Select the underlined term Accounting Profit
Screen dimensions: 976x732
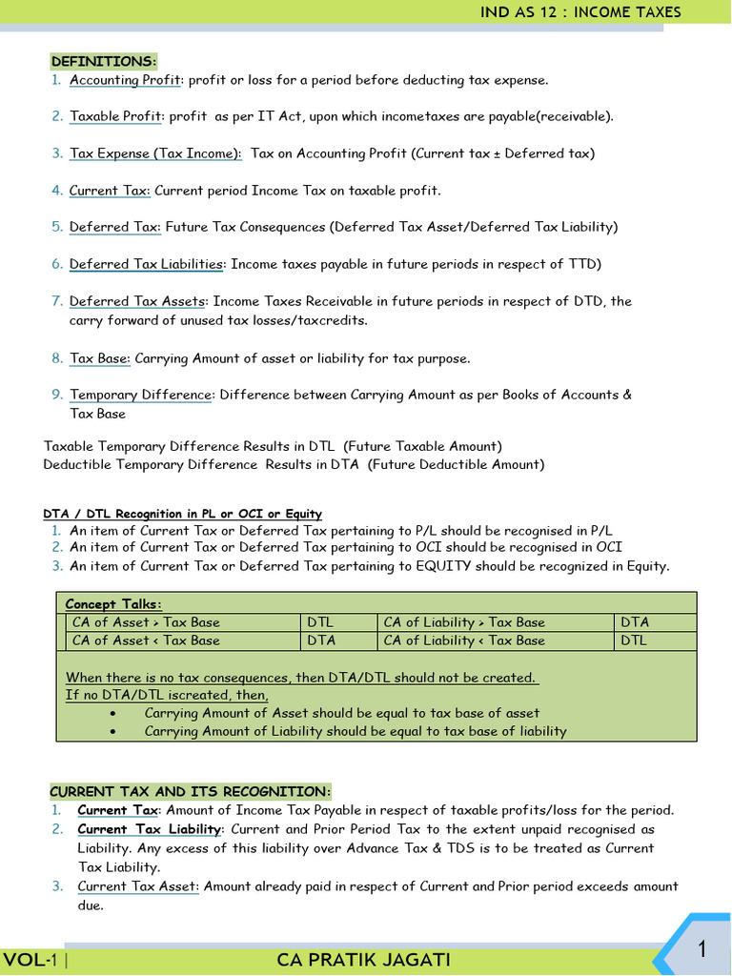point(125,80)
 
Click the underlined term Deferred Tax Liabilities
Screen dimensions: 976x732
point(146,264)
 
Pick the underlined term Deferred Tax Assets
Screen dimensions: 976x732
point(137,301)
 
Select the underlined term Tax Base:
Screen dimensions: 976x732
point(100,358)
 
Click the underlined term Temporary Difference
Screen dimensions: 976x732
point(140,395)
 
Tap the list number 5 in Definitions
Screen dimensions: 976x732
point(57,227)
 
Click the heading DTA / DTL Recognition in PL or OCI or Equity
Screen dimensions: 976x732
point(183,514)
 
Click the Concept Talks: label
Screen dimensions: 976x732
point(113,604)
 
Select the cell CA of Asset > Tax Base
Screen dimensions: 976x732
point(146,622)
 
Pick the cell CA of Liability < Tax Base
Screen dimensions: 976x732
point(464,640)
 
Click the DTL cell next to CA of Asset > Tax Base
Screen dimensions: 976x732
point(320,622)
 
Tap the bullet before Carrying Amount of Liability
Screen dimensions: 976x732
point(114,732)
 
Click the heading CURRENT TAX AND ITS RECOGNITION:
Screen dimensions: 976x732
point(190,792)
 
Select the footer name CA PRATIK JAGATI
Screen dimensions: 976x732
point(364,959)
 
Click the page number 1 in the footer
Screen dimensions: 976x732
point(701,949)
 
